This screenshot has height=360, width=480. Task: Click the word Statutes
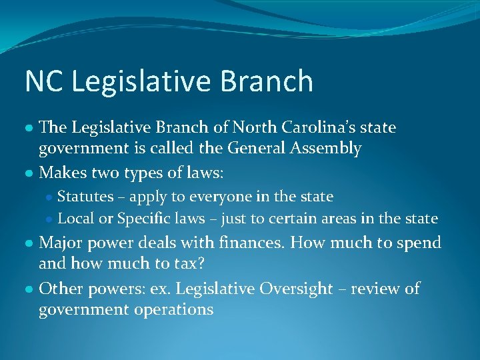tap(85, 197)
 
